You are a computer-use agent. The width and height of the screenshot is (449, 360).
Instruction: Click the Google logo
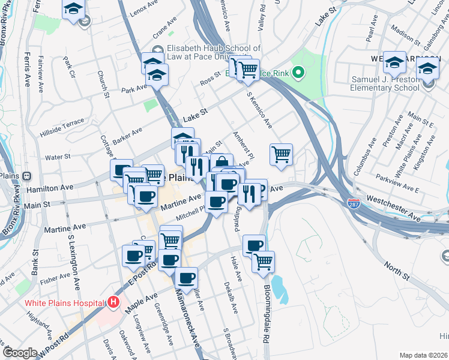[20, 353]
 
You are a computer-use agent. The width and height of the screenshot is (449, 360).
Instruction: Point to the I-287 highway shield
[354, 204]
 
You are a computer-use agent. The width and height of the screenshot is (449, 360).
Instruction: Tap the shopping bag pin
[221, 163]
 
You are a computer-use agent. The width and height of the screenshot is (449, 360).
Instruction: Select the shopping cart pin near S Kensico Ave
[281, 154]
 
